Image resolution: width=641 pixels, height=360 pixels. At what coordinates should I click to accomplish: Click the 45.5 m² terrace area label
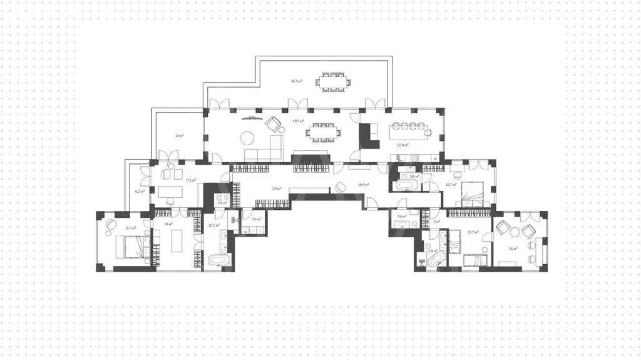coord(297,81)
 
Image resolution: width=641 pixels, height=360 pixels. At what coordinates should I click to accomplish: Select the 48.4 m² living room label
coord(298,121)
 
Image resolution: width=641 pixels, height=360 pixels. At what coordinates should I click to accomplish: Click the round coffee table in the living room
coord(249,138)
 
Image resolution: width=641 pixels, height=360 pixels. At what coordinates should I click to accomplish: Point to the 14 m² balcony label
coord(178,135)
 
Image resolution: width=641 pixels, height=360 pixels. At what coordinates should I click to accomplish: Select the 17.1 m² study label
coord(191,180)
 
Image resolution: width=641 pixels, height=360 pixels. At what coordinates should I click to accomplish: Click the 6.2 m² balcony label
coord(140,192)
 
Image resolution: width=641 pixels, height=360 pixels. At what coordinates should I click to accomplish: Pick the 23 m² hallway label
coord(276,188)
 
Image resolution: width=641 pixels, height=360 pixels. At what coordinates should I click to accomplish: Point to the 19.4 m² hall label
coord(363,185)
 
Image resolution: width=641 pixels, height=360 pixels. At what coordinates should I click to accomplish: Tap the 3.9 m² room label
coord(255,219)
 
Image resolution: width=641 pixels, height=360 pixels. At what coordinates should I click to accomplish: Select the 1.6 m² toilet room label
coord(221,203)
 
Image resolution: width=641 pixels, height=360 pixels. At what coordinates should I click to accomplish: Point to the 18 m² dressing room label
coord(168,224)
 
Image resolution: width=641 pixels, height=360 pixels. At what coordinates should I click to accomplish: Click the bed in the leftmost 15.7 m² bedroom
coord(133,247)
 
